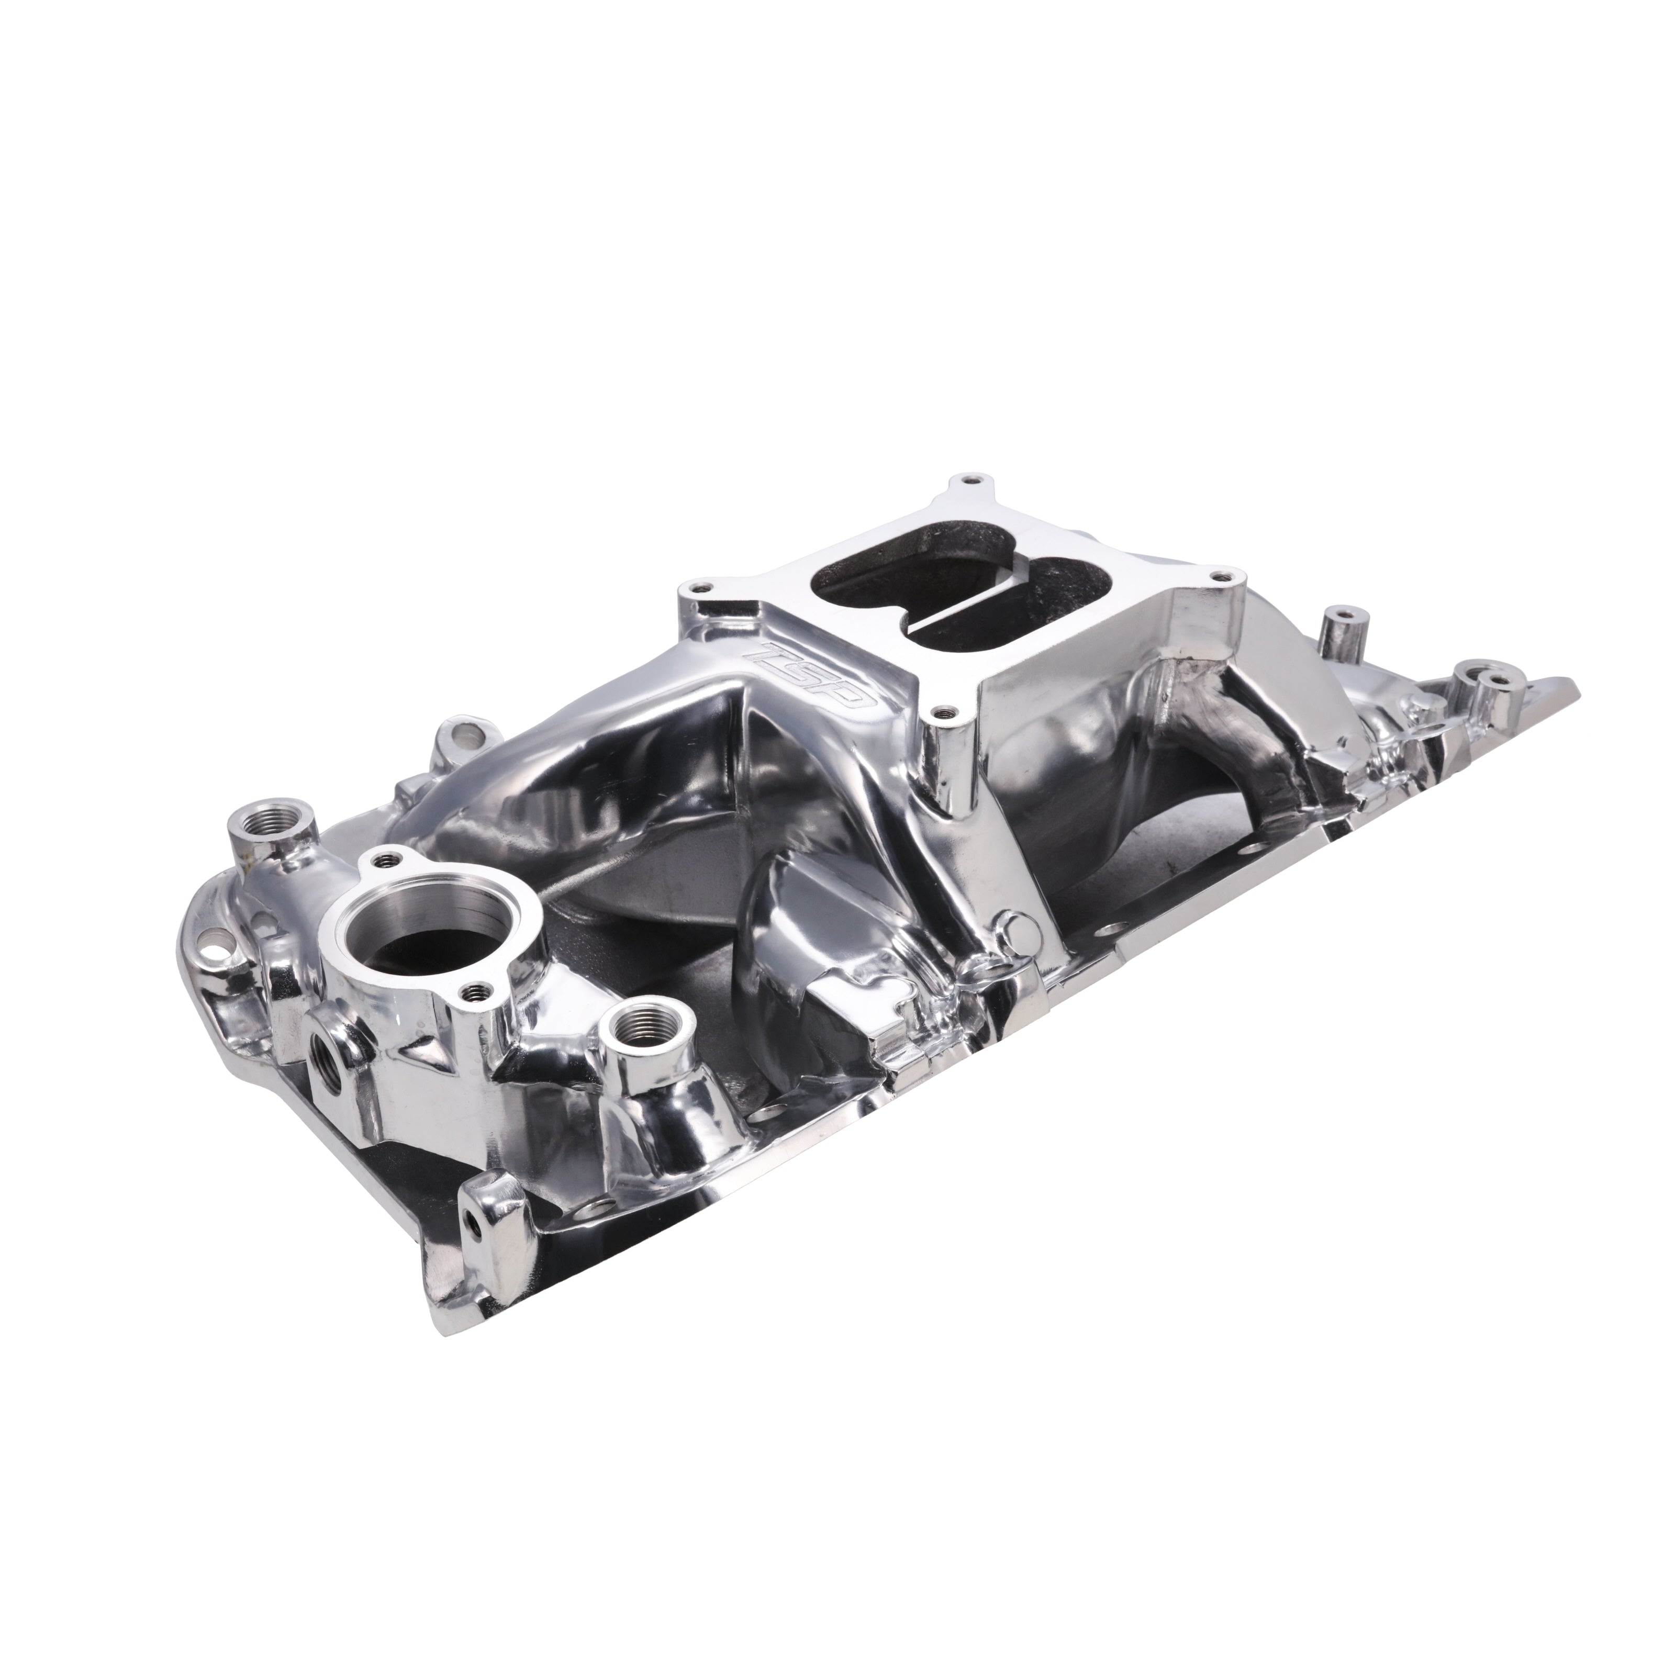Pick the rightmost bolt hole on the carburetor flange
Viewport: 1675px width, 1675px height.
(1224, 573)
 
